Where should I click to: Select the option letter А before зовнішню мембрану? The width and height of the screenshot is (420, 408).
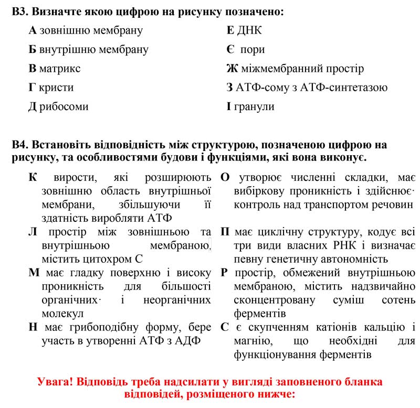click(x=32, y=30)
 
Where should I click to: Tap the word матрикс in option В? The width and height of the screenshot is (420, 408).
click(x=60, y=69)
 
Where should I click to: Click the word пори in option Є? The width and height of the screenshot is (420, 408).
click(x=253, y=50)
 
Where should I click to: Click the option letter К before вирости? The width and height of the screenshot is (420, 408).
click(x=33, y=177)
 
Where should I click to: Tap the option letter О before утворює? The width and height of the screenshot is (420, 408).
click(x=225, y=177)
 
